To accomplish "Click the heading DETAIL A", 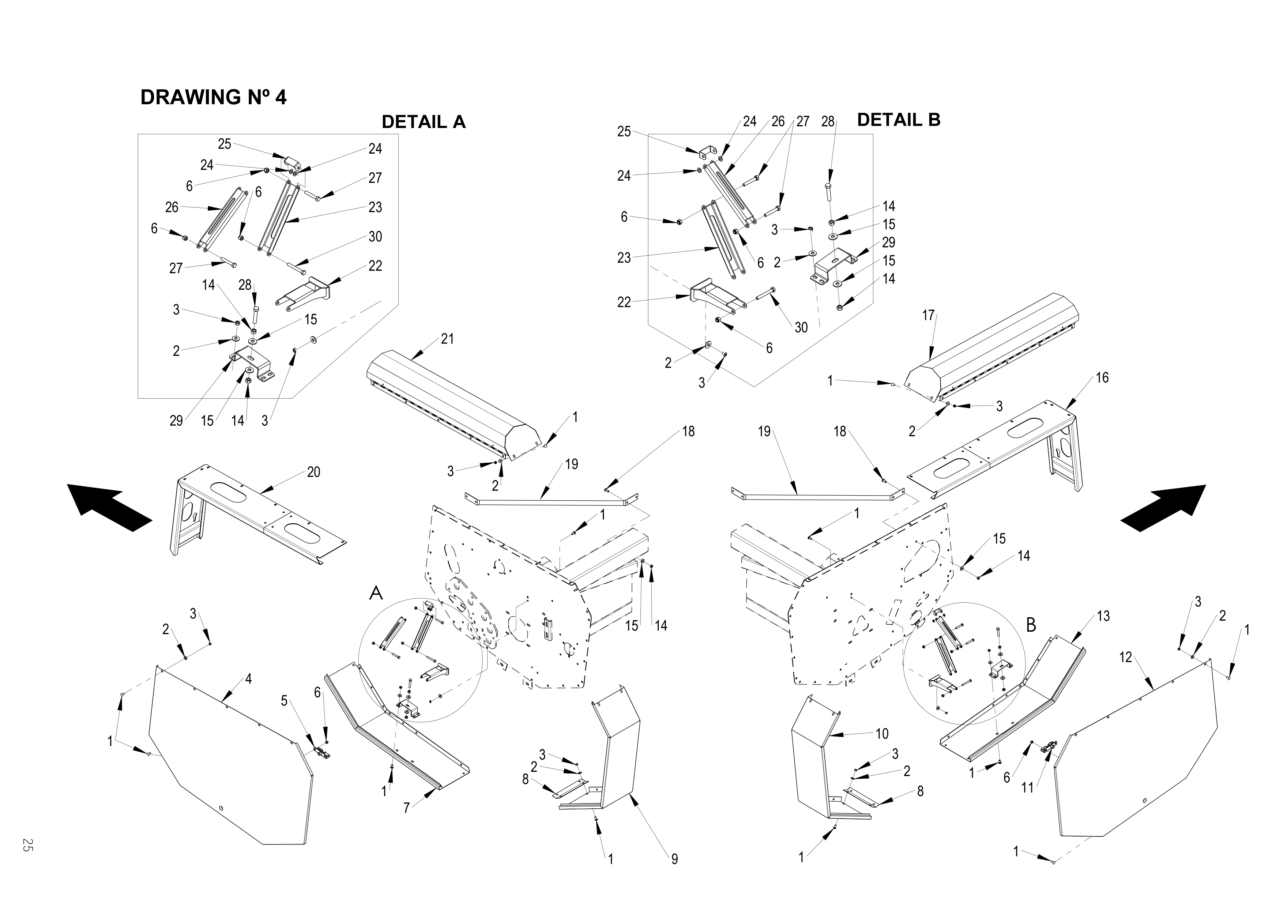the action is point(423,122).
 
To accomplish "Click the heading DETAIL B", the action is point(899,120).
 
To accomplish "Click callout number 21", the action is point(448,339).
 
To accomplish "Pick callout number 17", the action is point(928,316).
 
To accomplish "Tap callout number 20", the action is point(314,472).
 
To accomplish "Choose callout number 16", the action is point(1102,378).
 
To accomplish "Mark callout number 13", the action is point(1103,616).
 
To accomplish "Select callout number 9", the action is point(674,859).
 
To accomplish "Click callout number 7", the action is point(407,808).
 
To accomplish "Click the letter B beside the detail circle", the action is point(1031,625).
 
